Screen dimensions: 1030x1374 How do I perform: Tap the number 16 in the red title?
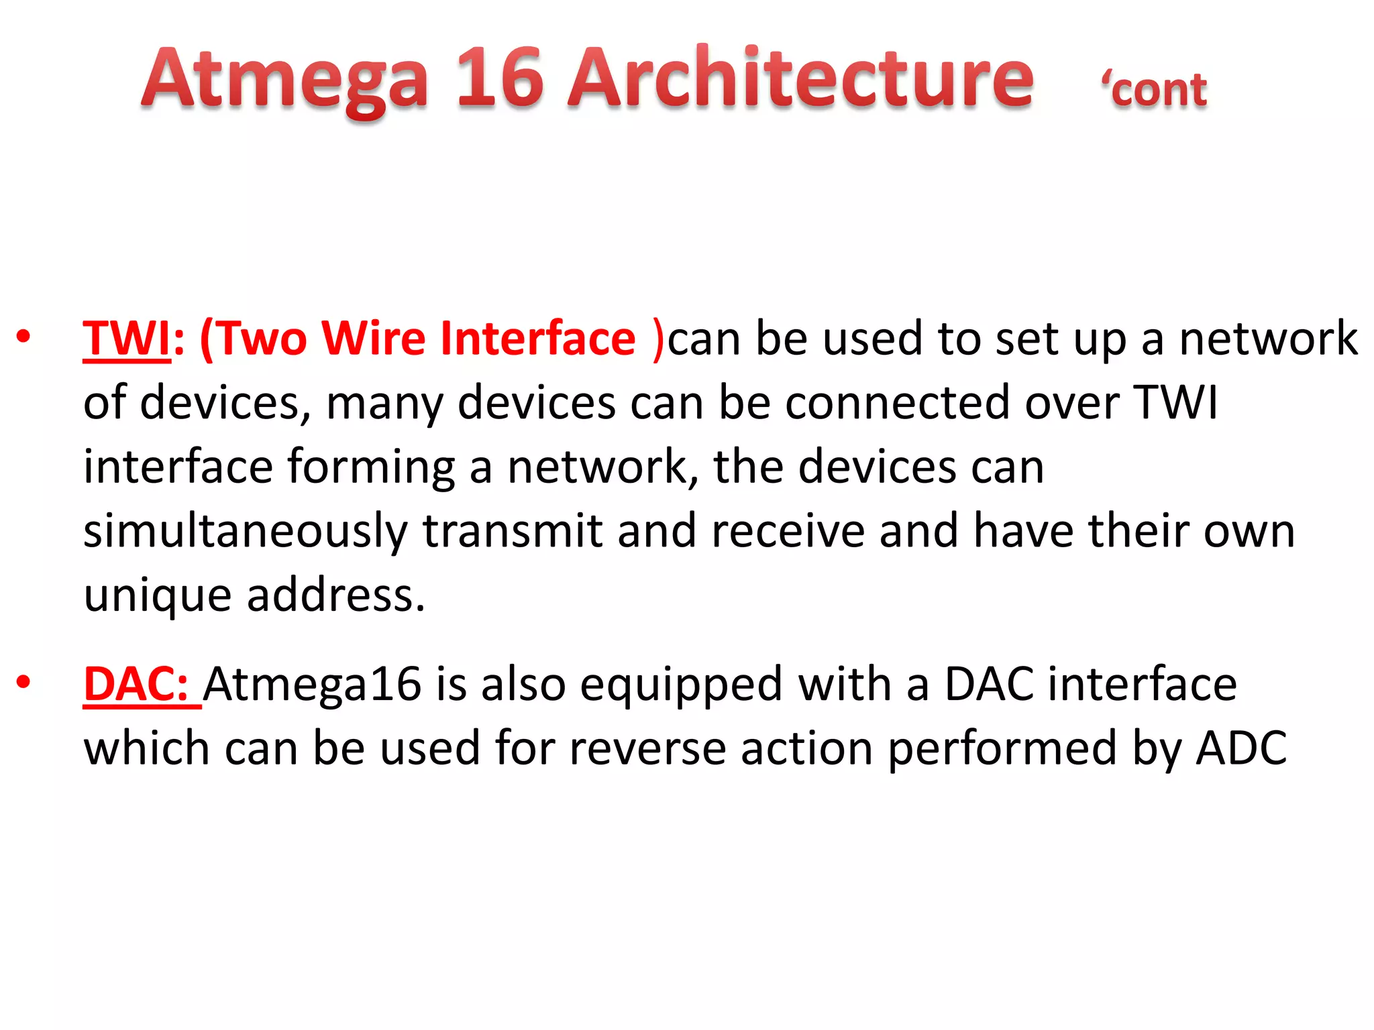[x=499, y=79]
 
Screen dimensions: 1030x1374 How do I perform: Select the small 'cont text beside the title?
[x=1154, y=90]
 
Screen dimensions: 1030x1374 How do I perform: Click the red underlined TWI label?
[x=127, y=339]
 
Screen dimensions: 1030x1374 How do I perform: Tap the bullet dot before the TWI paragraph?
[x=24, y=337]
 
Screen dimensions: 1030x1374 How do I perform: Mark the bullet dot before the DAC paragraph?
[x=24, y=683]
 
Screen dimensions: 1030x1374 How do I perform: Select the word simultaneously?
[x=246, y=531]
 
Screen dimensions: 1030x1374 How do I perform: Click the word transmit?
[x=513, y=531]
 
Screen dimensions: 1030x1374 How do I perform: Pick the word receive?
[x=788, y=531]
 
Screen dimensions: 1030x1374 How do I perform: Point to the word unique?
[x=157, y=596]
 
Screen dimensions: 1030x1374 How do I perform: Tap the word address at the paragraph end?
[x=335, y=595]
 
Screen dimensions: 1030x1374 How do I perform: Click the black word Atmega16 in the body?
[x=312, y=685]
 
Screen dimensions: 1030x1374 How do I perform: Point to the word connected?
[x=897, y=403]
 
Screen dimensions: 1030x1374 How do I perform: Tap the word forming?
[x=372, y=468]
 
